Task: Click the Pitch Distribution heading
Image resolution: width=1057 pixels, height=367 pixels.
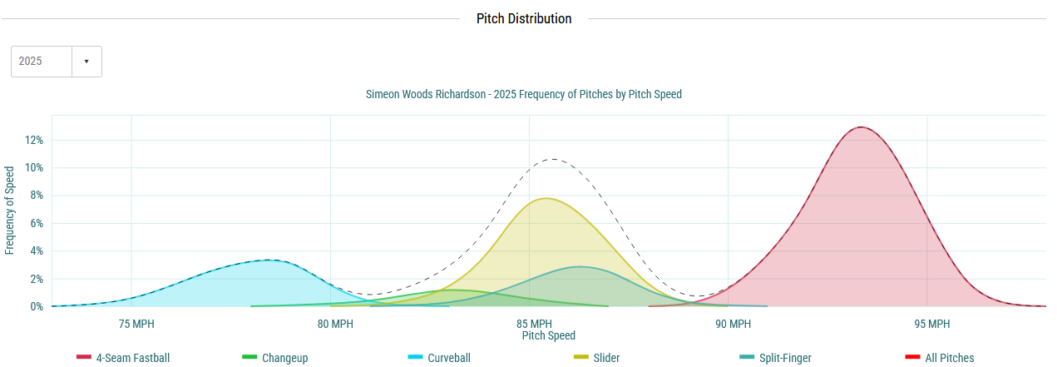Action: click(x=524, y=18)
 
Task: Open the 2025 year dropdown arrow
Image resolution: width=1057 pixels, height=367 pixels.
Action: click(x=86, y=62)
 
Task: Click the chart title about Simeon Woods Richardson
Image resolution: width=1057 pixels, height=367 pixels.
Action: click(x=524, y=95)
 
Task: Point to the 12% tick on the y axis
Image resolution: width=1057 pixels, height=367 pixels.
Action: click(x=33, y=140)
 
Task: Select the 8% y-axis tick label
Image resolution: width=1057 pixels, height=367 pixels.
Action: click(x=36, y=196)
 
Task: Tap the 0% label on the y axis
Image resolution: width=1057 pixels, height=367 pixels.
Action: click(x=36, y=306)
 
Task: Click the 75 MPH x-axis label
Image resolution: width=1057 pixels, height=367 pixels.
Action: click(x=136, y=324)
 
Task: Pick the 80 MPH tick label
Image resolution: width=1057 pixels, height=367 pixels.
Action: click(x=335, y=324)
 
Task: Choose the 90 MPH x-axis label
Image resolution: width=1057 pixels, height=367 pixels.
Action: click(x=733, y=324)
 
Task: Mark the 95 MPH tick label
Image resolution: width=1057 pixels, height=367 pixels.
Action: click(x=931, y=324)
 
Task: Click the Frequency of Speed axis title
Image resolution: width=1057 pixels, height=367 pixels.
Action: click(x=10, y=211)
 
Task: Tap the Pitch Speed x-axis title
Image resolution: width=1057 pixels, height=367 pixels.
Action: click(x=549, y=335)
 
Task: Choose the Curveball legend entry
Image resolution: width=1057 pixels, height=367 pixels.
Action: click(x=448, y=358)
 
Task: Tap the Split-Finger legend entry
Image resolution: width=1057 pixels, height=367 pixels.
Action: click(x=784, y=358)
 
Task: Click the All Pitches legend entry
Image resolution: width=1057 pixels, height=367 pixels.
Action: click(x=949, y=358)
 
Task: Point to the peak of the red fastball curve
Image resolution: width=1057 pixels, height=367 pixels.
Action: click(x=860, y=127)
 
